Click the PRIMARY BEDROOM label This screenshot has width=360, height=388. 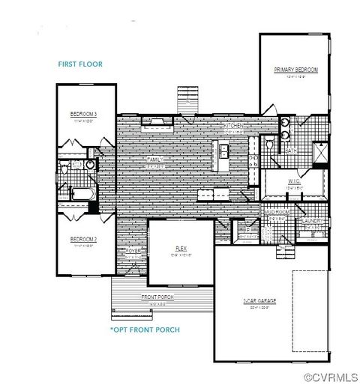pyautogui.click(x=296, y=70)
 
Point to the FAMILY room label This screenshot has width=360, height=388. pyautogui.click(x=155, y=160)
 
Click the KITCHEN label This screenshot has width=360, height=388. pyautogui.click(x=235, y=127)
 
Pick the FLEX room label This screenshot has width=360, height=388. pyautogui.click(x=181, y=248)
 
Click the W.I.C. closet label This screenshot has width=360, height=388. pyautogui.click(x=293, y=181)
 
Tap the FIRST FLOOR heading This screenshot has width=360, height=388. pyautogui.click(x=79, y=64)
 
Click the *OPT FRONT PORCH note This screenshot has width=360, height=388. pyautogui.click(x=145, y=330)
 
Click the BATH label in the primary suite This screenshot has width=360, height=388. pyautogui.click(x=292, y=151)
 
